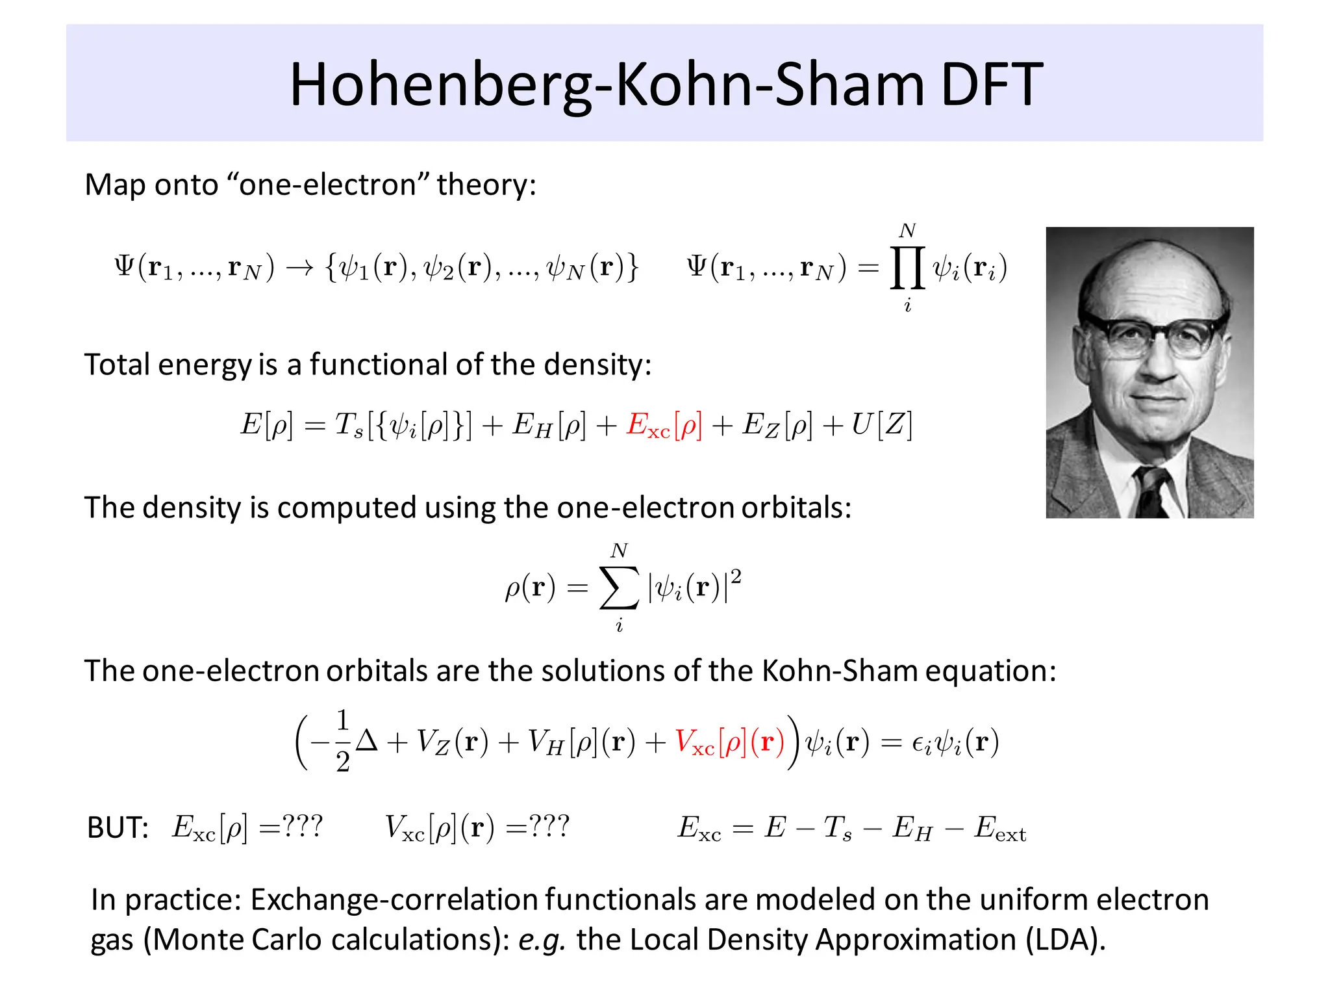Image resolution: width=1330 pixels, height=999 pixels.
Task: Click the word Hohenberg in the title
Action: coord(440,86)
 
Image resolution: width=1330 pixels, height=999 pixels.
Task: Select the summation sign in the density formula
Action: coord(619,588)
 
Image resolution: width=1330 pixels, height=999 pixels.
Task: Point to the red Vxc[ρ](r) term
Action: coord(729,742)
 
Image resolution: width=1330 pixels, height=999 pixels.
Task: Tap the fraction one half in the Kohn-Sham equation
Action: coord(343,741)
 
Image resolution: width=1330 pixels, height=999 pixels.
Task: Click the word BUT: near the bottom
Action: coord(118,828)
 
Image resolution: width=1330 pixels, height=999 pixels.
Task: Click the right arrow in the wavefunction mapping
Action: coord(299,268)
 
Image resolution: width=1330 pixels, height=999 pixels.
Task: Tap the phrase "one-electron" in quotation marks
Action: coord(327,185)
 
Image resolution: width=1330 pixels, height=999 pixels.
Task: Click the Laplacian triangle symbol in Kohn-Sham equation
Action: coord(366,741)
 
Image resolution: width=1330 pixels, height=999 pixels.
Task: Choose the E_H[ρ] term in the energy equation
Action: coord(549,426)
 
